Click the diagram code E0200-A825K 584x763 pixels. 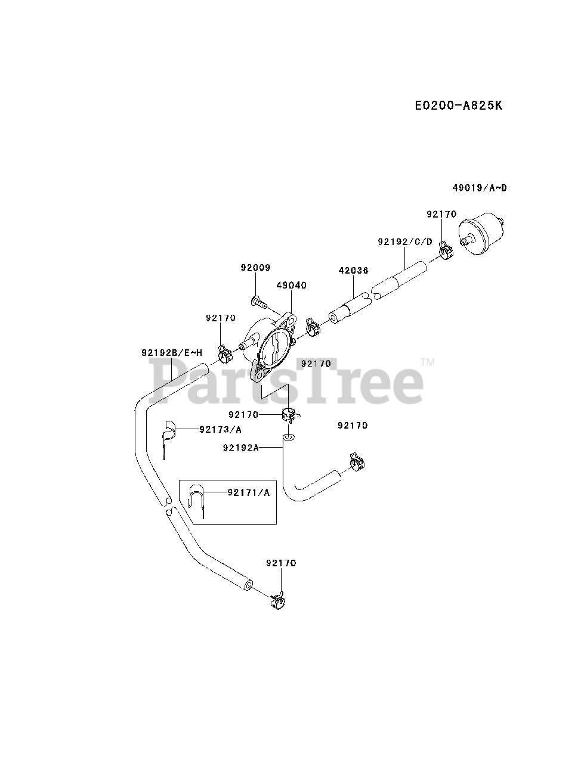click(458, 106)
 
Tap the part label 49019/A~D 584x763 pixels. click(479, 188)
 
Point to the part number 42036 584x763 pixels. click(353, 270)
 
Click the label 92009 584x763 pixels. click(255, 268)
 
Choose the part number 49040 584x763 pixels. click(291, 286)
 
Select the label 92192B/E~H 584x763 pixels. click(172, 352)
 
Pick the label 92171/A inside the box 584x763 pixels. click(249, 492)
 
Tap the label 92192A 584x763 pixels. click(240, 447)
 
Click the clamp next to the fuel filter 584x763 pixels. click(444, 250)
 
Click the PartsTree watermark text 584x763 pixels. click(286, 381)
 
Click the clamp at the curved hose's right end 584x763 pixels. click(357, 463)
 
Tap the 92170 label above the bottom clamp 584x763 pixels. click(281, 563)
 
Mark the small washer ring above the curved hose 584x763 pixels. click(289, 438)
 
